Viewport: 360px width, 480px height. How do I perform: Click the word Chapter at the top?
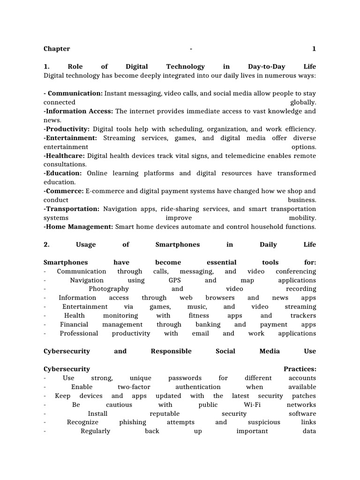coord(57,49)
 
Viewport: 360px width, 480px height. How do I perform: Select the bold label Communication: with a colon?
coord(75,93)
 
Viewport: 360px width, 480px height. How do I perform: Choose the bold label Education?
coord(63,173)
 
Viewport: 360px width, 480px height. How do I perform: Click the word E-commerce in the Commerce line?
coord(102,191)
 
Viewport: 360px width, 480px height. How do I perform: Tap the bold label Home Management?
coord(78,227)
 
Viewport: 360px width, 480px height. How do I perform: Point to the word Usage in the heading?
coord(85,245)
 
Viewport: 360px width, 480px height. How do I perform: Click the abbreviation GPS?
coord(174,280)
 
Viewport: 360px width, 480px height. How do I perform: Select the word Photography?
coord(109,289)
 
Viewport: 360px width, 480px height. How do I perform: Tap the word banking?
coord(208,324)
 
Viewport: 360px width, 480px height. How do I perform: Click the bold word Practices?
coord(300,369)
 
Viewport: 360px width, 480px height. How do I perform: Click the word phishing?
coord(133,422)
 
